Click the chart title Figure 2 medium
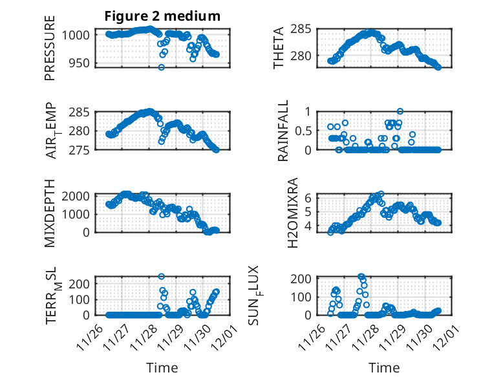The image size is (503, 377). [162, 16]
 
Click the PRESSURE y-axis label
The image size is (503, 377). [50, 48]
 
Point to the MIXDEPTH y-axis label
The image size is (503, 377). [50, 213]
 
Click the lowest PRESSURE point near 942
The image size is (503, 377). [162, 67]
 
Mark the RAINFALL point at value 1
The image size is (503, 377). [400, 112]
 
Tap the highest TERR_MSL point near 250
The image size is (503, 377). [162, 277]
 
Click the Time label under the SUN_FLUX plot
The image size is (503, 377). [384, 368]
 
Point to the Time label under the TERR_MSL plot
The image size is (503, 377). [162, 368]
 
